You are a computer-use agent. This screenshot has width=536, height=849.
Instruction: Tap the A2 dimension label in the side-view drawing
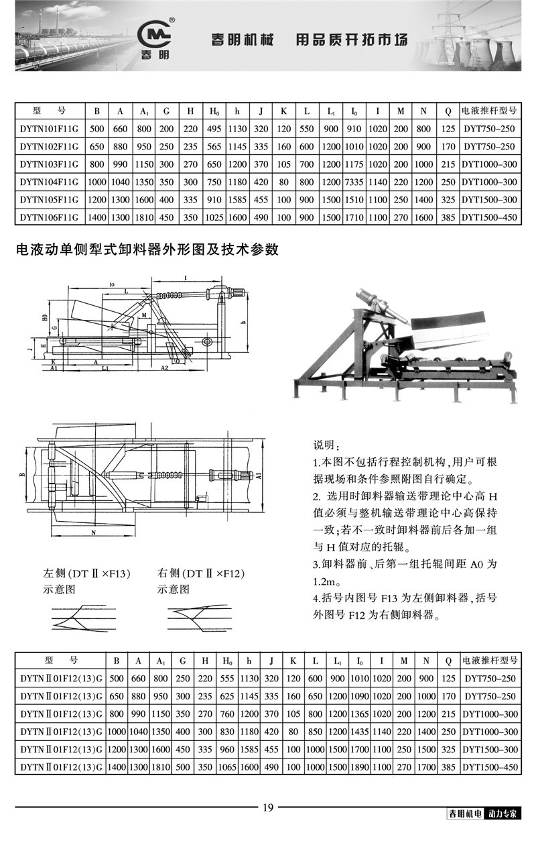(x=165, y=368)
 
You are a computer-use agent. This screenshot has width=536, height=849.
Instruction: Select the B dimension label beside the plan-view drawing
(x=21, y=474)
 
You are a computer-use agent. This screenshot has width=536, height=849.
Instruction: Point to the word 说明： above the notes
(x=327, y=447)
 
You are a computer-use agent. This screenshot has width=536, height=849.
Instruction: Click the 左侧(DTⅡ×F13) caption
(x=86, y=574)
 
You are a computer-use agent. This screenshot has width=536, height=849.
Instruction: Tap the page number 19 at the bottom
(x=267, y=807)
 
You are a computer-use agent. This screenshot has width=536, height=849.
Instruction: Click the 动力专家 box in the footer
(x=506, y=815)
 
